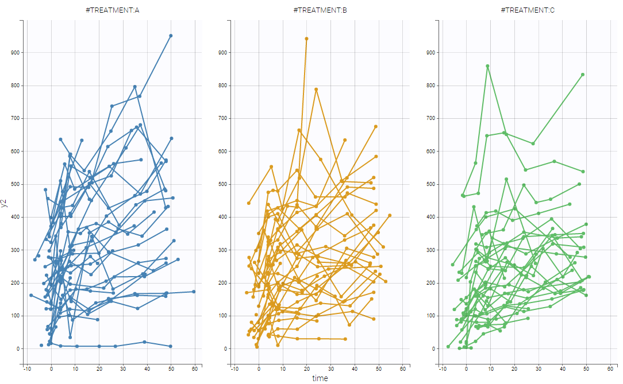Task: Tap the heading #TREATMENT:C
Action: coord(527,10)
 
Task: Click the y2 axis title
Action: coord(5,200)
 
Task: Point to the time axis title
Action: coord(320,378)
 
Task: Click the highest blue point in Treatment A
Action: coord(171,36)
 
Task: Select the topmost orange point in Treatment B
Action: coord(306,38)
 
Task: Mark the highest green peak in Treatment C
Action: coord(487,66)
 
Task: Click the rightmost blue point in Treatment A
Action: coord(194,292)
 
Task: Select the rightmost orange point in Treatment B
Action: coord(390,215)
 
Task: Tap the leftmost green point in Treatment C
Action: coord(448,346)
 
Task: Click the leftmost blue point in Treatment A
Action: coord(31,295)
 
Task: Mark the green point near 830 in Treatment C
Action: coord(583,75)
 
